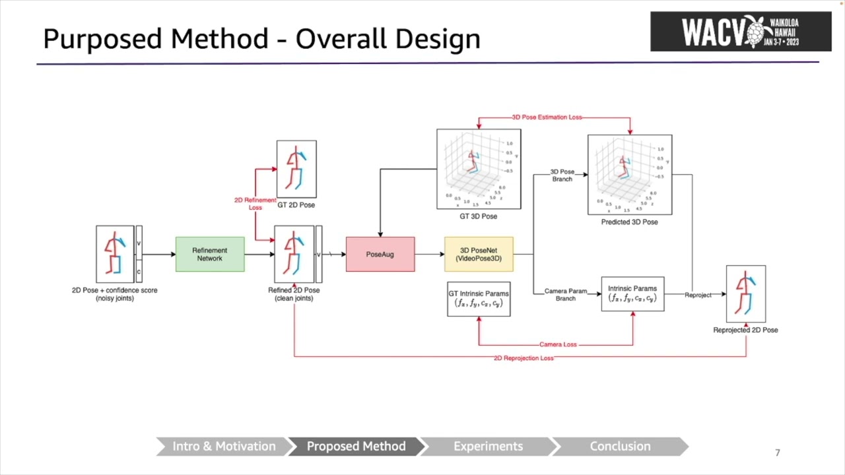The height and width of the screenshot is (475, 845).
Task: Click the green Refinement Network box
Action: (210, 255)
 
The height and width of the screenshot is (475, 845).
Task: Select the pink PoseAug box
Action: (380, 255)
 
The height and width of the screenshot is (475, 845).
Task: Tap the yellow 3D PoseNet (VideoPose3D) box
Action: (479, 255)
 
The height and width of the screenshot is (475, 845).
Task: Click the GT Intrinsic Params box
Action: (479, 299)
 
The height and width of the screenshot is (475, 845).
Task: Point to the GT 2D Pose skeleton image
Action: (296, 169)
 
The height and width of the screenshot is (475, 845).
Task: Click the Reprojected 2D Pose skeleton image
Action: (746, 294)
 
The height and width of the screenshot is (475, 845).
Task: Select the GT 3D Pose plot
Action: (479, 169)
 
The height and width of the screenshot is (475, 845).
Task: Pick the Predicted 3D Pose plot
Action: (630, 175)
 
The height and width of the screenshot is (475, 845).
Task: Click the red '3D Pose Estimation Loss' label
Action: (547, 117)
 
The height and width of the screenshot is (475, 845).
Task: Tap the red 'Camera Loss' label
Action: (558, 344)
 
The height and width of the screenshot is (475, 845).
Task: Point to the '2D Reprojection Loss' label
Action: (524, 358)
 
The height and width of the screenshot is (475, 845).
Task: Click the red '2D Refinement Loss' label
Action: (255, 204)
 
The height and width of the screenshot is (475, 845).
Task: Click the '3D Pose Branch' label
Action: (562, 175)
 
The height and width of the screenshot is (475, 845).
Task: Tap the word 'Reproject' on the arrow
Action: (698, 295)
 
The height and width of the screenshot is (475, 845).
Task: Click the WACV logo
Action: (741, 32)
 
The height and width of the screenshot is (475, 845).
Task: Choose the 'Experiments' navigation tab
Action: (488, 447)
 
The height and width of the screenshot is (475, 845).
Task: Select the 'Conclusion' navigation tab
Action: (620, 447)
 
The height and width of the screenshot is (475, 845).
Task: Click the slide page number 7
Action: (778, 453)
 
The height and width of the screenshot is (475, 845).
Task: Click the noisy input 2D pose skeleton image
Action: (115, 254)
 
